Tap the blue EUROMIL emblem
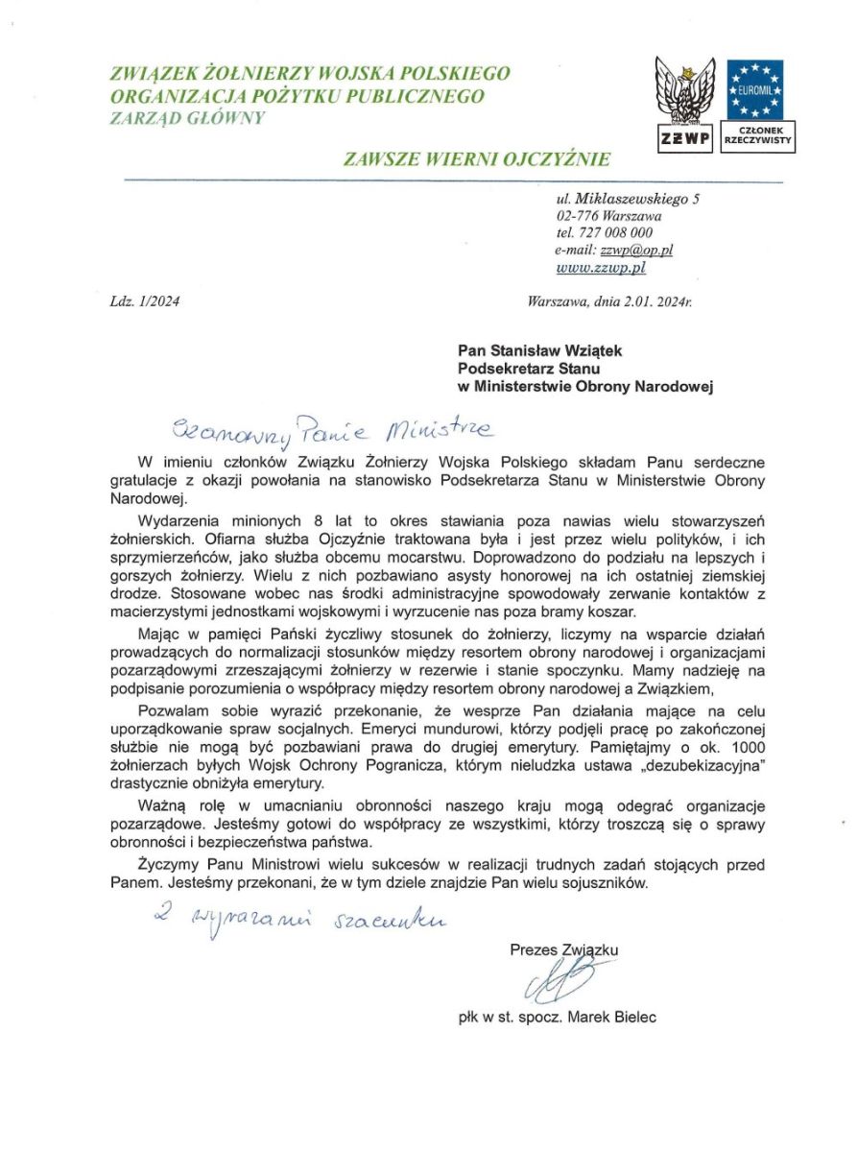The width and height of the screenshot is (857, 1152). [755, 89]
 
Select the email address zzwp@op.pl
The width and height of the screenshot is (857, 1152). [636, 250]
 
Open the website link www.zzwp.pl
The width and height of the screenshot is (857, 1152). [601, 268]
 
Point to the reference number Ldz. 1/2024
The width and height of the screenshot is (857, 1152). [145, 301]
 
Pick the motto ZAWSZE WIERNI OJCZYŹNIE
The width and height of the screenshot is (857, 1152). [476, 158]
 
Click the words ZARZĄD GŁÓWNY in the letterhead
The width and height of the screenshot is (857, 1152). [188, 118]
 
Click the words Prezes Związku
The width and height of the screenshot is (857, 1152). [564, 949]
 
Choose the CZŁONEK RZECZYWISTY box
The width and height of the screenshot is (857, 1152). [755, 134]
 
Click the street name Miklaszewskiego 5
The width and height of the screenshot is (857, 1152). [636, 199]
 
